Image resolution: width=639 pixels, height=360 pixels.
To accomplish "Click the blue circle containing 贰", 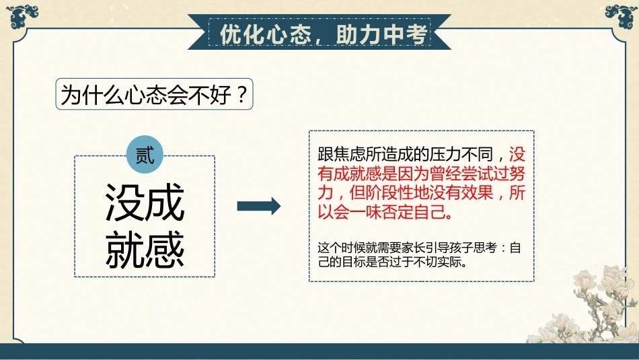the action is (x=145, y=155).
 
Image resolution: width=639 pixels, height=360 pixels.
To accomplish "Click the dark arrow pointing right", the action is (x=259, y=206).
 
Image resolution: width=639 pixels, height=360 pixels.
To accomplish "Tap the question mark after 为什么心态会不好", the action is (x=241, y=95).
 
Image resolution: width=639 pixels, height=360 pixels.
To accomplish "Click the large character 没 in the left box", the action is (x=124, y=203).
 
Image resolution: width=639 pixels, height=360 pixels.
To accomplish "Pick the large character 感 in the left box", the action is (x=165, y=249).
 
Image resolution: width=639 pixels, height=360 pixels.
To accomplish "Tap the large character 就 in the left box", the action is (x=124, y=249).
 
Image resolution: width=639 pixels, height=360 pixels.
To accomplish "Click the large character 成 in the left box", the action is (x=165, y=203).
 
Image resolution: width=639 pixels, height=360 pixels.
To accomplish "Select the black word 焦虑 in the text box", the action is (x=349, y=154).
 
